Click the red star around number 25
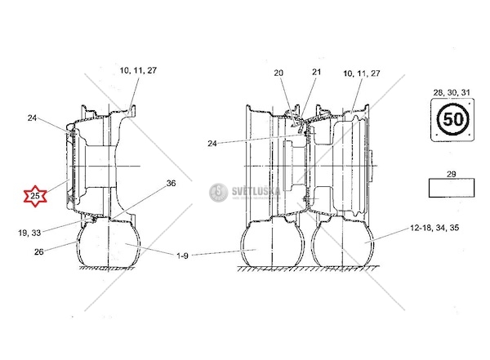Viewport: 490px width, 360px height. pyautogui.click(x=34, y=197)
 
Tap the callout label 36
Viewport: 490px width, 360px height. pyautogui.click(x=171, y=184)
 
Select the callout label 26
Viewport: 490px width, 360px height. pyautogui.click(x=38, y=251)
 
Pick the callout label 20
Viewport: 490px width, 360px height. pyautogui.click(x=278, y=73)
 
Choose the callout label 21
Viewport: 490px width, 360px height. pyautogui.click(x=316, y=73)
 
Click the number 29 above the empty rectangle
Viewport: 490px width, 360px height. pyautogui.click(x=452, y=175)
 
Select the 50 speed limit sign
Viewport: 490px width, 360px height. pyautogui.click(x=452, y=122)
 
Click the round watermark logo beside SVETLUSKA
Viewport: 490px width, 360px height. pyautogui.click(x=217, y=193)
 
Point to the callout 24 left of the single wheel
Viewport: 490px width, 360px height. pyautogui.click(x=32, y=118)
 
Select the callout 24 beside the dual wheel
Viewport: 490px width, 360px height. pyautogui.click(x=212, y=144)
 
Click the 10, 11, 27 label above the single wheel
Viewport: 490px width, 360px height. pyautogui.click(x=137, y=71)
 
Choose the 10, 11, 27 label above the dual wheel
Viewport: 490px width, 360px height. pyautogui.click(x=362, y=73)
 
